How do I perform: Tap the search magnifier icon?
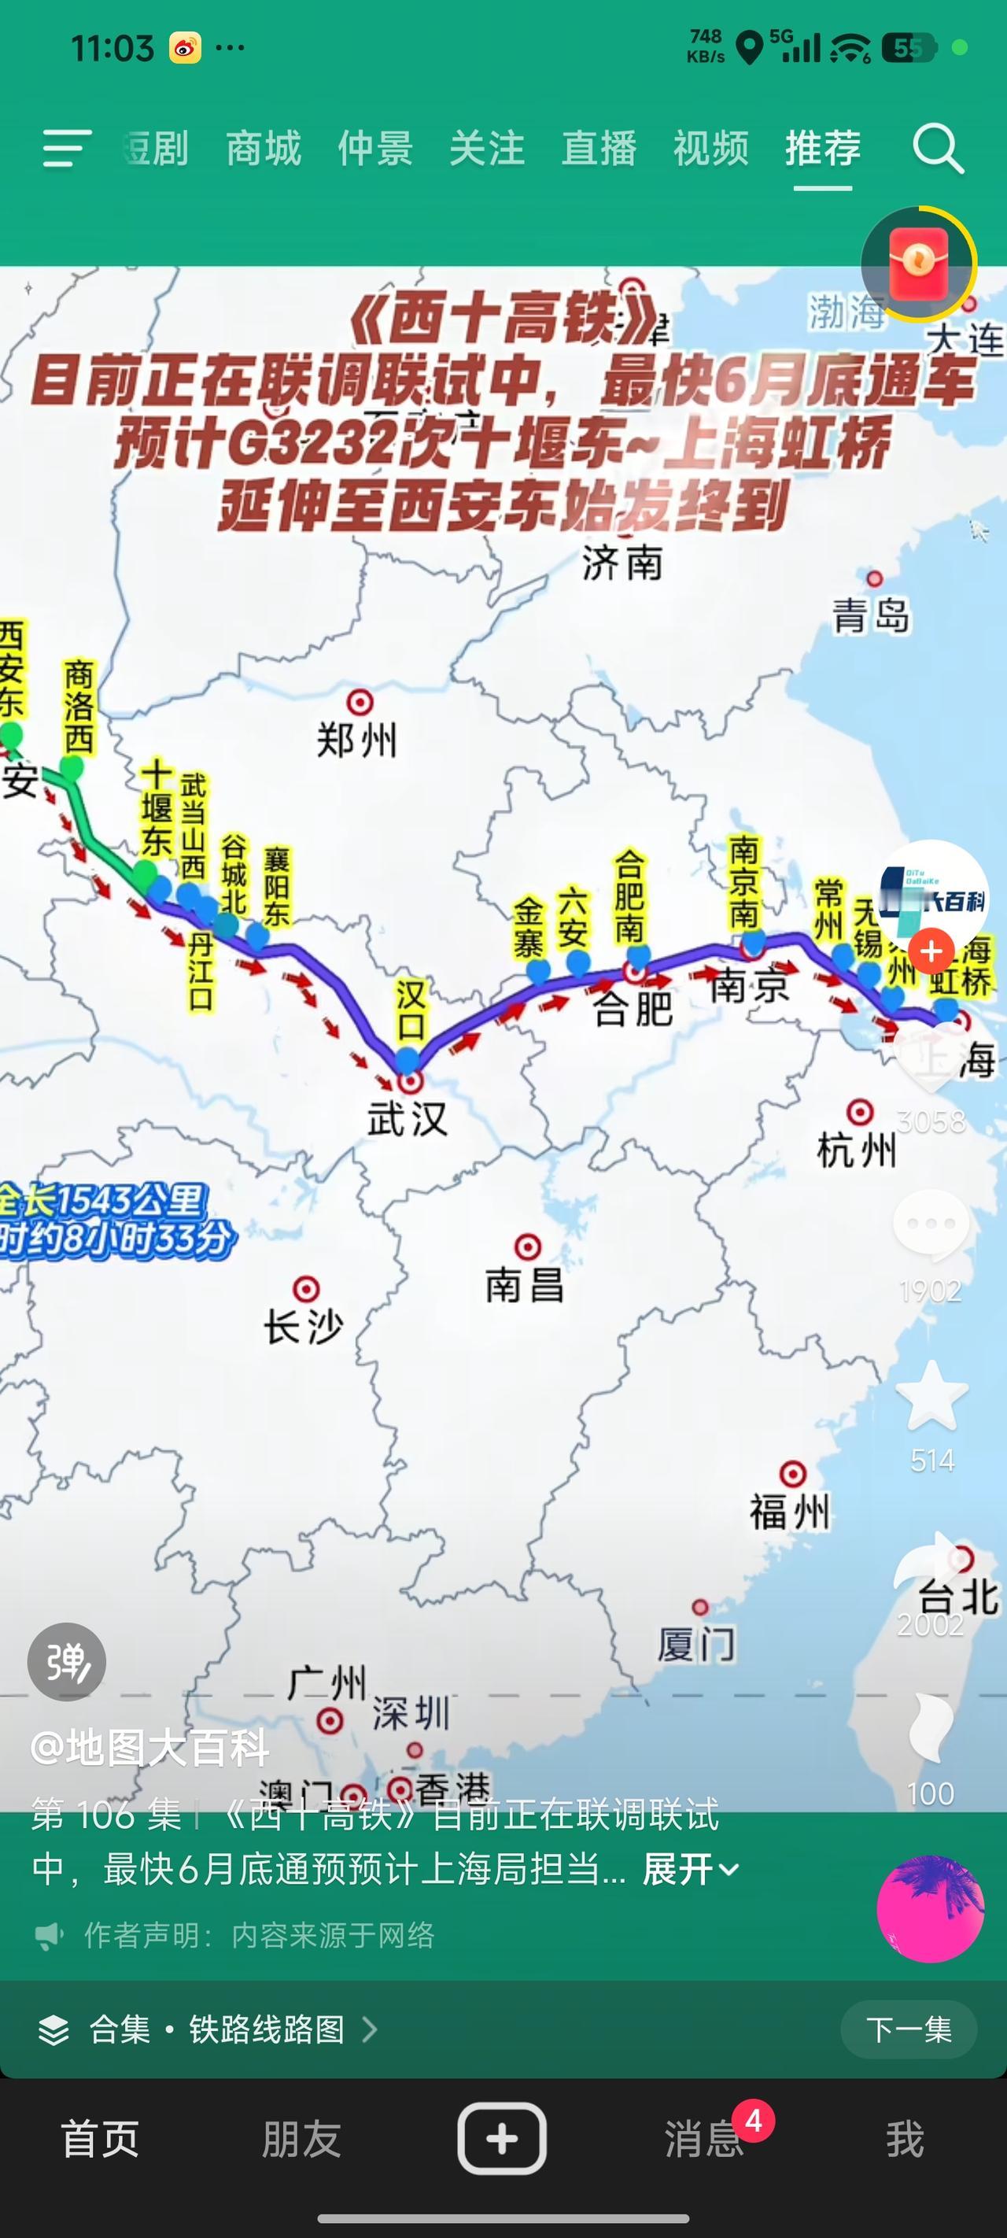(938, 150)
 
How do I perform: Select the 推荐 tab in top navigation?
(822, 148)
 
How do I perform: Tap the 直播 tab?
(599, 148)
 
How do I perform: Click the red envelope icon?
(918, 264)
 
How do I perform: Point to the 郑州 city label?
(356, 740)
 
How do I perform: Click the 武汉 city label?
(407, 1119)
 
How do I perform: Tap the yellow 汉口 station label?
(410, 1010)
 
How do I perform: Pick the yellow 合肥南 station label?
(630, 896)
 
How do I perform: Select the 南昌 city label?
(524, 1284)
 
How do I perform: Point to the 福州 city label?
(789, 1512)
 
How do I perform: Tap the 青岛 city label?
(871, 616)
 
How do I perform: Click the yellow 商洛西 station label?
(79, 707)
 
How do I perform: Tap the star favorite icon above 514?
(931, 1397)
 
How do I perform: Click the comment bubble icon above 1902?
(931, 1226)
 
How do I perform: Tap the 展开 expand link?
(690, 1869)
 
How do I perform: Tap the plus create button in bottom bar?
(502, 2138)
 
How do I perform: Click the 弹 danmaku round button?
(67, 1662)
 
